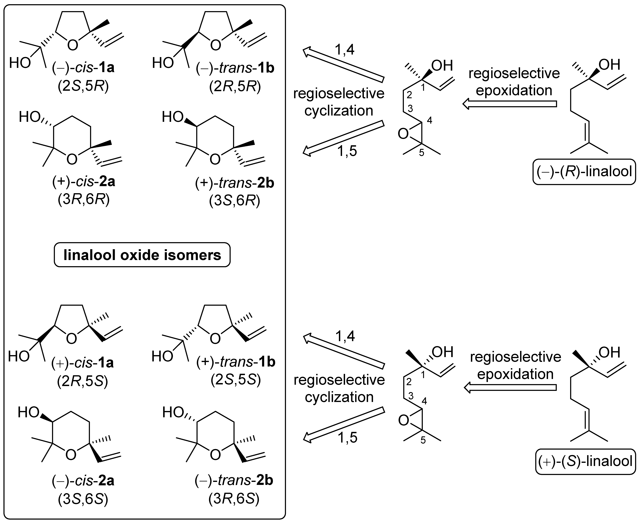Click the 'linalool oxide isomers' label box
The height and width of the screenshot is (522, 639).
tap(142, 255)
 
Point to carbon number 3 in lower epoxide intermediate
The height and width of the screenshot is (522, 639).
tap(411, 395)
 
